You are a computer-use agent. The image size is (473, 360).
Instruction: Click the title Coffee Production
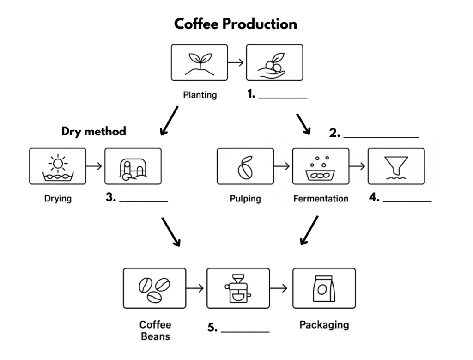pos(235,24)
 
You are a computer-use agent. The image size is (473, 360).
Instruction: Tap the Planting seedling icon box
pos(200,62)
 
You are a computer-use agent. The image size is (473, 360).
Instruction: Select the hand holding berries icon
pos(274,62)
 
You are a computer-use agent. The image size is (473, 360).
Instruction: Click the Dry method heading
pos(94,131)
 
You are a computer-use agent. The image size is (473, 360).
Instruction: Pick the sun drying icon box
pos(57,166)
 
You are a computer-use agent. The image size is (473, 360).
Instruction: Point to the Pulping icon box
pos(245,166)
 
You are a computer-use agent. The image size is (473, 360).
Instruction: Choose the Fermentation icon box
pos(321,166)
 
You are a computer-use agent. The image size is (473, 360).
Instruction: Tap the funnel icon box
pos(396,166)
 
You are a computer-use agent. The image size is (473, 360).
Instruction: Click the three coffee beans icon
pos(155,288)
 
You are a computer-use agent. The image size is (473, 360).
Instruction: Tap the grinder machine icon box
pos(238,288)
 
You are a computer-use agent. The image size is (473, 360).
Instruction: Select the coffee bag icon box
pos(324,288)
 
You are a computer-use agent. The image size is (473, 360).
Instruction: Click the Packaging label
pos(324,324)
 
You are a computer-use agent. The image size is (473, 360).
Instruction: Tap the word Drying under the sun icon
pos(58,199)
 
